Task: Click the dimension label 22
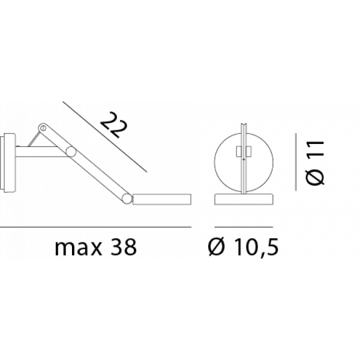pyautogui.click(x=114, y=125)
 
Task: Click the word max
pyautogui.click(x=78, y=247)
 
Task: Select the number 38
pyautogui.click(x=124, y=247)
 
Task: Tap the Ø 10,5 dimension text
pyautogui.click(x=243, y=247)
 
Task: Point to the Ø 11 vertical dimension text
pyautogui.click(x=315, y=163)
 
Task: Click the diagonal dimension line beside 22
pyautogui.click(x=104, y=137)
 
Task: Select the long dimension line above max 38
pyautogui.click(x=95, y=227)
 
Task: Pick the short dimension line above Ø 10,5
pyautogui.click(x=244, y=227)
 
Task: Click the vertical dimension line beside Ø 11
pyautogui.click(x=296, y=162)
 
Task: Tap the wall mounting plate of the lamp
pyautogui.click(x=8, y=163)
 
